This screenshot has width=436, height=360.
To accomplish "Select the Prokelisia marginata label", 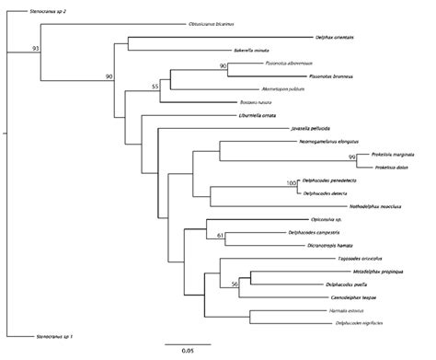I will [x=397, y=154].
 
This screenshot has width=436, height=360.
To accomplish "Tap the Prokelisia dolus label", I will [x=390, y=167].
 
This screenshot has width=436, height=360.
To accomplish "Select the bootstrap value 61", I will [x=220, y=236].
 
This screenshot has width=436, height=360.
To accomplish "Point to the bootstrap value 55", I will [x=155, y=86].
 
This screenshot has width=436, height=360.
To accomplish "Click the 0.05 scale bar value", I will [x=187, y=350].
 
